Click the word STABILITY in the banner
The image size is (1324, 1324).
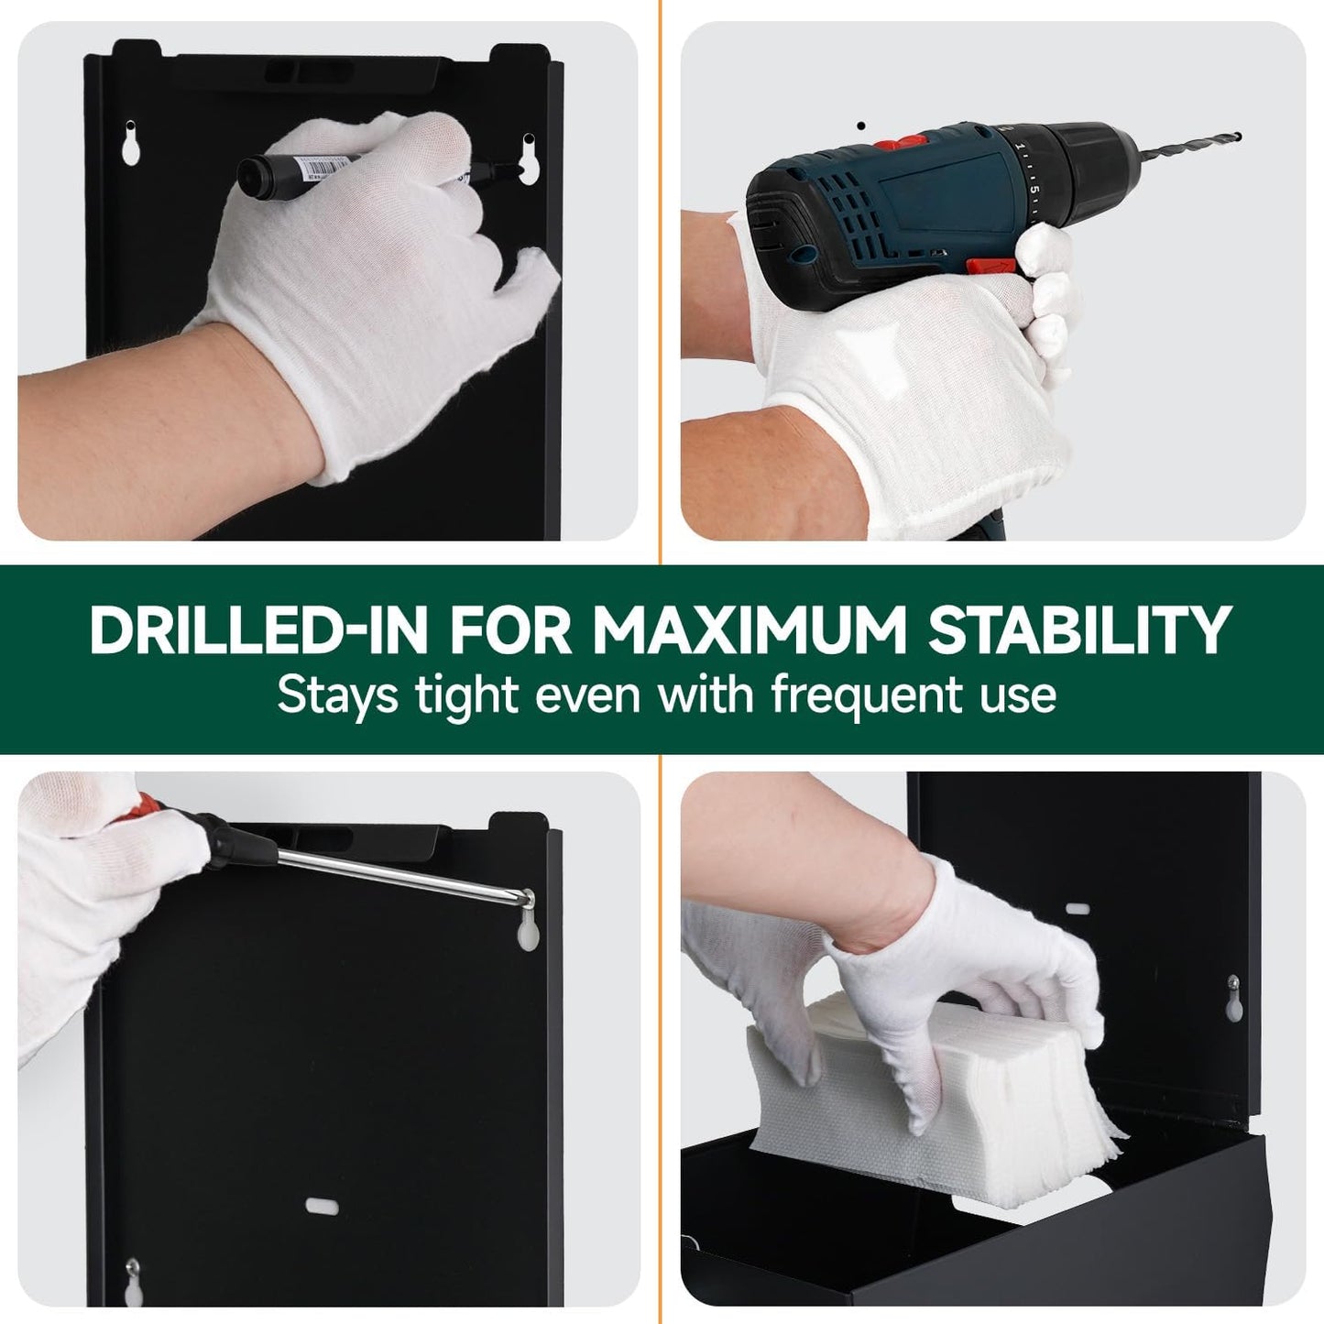[1078, 630]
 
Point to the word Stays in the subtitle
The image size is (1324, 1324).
[336, 695]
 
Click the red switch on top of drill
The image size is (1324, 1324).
[898, 143]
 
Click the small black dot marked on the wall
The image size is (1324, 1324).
[859, 126]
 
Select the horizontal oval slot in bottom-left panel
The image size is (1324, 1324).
[322, 1206]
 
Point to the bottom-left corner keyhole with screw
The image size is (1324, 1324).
[134, 1283]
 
